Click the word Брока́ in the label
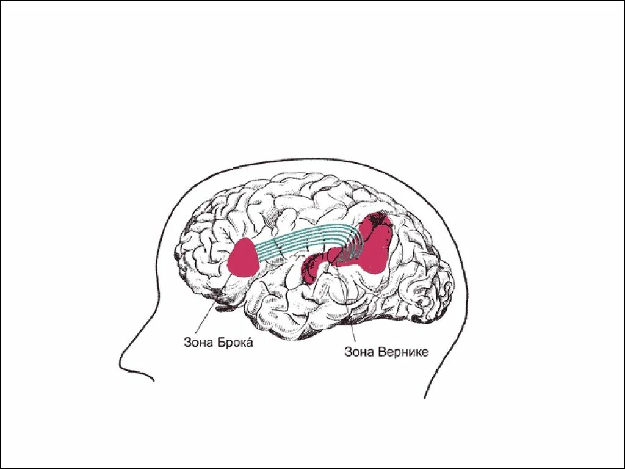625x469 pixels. (235, 343)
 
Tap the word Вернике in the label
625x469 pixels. (402, 352)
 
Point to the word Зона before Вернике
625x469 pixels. (359, 352)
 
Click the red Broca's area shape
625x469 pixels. (244, 259)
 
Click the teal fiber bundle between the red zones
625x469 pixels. (299, 241)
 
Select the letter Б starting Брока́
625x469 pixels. (221, 343)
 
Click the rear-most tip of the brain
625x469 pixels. (455, 287)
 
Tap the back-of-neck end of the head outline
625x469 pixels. (425, 397)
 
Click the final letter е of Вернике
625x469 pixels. (426, 352)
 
